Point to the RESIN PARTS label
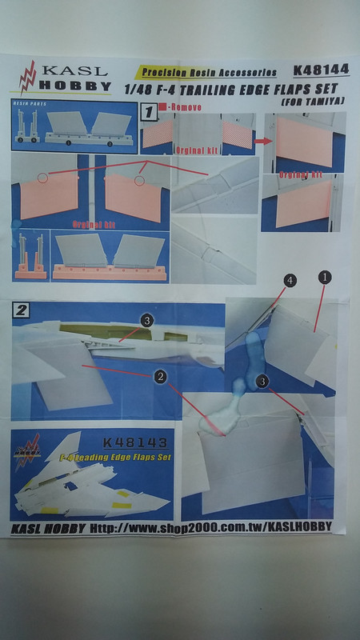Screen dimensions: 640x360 tap(29, 104)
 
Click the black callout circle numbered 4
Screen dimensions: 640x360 tap(291, 279)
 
